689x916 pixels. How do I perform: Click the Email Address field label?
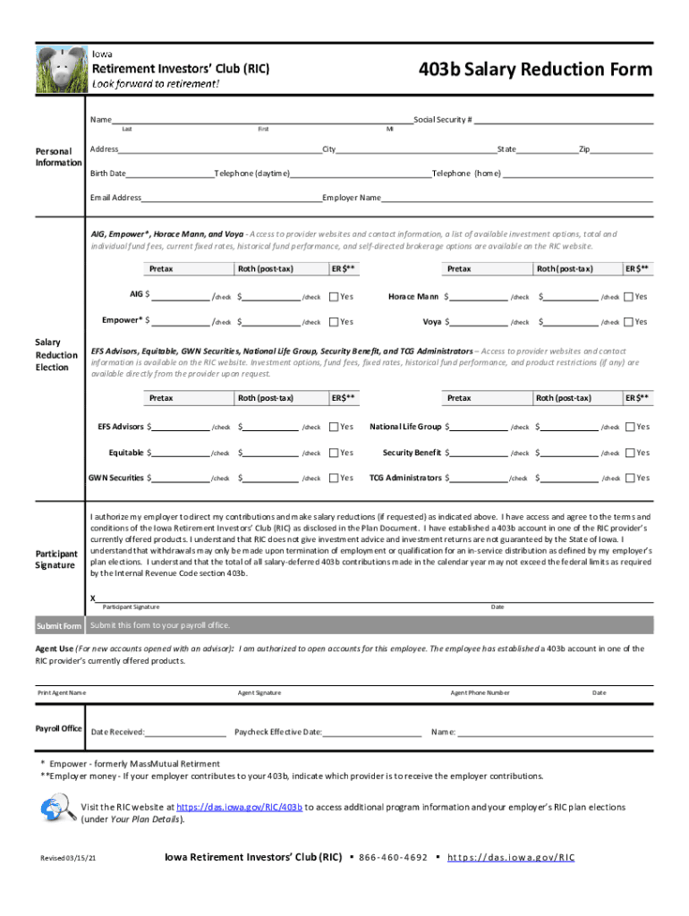[115, 198]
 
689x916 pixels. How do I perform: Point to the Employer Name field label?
[352, 198]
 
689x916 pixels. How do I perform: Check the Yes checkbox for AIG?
[334, 297]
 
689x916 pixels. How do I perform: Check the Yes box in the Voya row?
[628, 322]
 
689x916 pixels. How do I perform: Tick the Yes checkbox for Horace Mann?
[628, 297]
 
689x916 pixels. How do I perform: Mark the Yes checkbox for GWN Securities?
[334, 478]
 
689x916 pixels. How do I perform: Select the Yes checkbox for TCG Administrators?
[629, 478]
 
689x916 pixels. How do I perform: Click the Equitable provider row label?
[125, 453]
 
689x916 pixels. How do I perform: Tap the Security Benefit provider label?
[411, 453]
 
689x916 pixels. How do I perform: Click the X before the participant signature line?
[93, 598]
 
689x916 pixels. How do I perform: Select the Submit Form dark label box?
[59, 625]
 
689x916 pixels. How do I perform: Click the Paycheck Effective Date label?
[277, 732]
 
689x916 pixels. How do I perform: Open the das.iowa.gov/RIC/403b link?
[240, 807]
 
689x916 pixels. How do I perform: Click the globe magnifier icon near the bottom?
[58, 810]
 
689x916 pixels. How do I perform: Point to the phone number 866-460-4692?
[393, 857]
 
